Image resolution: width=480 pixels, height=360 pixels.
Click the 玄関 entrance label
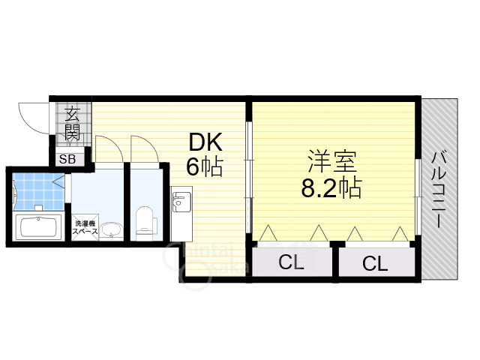point(73,124)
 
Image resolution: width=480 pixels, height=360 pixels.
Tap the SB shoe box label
point(67,159)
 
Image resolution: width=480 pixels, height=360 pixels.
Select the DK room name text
point(202,142)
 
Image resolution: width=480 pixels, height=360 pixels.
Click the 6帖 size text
point(204,166)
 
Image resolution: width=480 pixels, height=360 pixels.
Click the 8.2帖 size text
point(331,187)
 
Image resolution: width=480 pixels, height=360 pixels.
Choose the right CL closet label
point(374,263)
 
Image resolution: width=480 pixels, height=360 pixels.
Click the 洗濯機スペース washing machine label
point(85,227)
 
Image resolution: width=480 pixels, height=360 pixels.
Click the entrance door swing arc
point(34,120)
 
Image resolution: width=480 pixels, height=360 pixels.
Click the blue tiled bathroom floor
point(37,191)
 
